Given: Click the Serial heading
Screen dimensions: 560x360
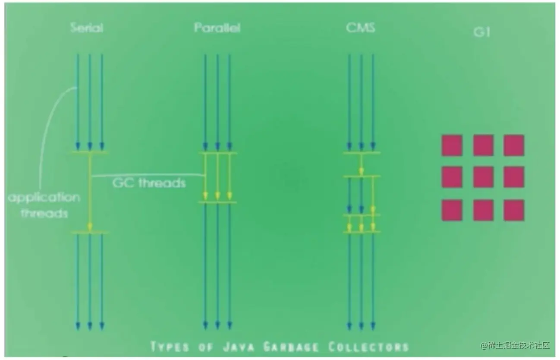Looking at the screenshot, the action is click(x=86, y=28).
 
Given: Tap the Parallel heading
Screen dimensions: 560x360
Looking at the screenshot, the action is click(x=217, y=28).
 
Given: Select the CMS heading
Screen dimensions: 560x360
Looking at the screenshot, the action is click(x=361, y=28).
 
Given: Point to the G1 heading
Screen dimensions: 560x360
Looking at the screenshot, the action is click(x=482, y=32).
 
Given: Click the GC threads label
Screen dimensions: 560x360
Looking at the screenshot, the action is click(x=149, y=183).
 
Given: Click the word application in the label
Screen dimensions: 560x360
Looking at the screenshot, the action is click(x=44, y=198).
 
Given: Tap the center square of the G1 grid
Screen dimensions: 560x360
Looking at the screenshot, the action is click(x=483, y=177).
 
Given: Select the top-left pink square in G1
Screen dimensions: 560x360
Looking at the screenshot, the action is click(x=452, y=145).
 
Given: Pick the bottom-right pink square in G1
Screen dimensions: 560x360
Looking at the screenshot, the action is click(x=514, y=210).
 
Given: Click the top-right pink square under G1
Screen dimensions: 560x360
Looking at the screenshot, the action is click(x=514, y=145).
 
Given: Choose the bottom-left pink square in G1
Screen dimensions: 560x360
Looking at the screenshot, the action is click(x=452, y=210).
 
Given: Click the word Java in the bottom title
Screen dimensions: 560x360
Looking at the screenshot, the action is click(x=239, y=347).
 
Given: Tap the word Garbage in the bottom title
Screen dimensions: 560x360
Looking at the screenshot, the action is click(x=291, y=347).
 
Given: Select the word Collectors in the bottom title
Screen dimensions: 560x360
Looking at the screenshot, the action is click(x=369, y=347).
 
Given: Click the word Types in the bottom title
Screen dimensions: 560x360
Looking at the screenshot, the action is click(x=170, y=347).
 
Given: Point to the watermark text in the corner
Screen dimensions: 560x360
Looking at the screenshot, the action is click(x=515, y=345).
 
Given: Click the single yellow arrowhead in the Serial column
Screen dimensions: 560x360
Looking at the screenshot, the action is click(x=90, y=227).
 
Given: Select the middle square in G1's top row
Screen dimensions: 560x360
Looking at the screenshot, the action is click(x=483, y=145).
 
